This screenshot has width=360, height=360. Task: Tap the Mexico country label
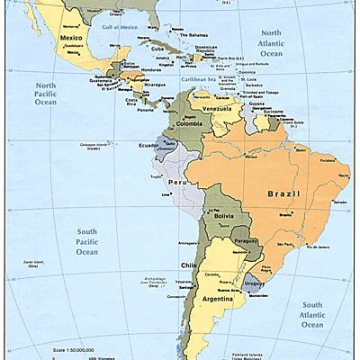pos(71,39)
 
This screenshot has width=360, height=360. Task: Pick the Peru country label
pos(176,182)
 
